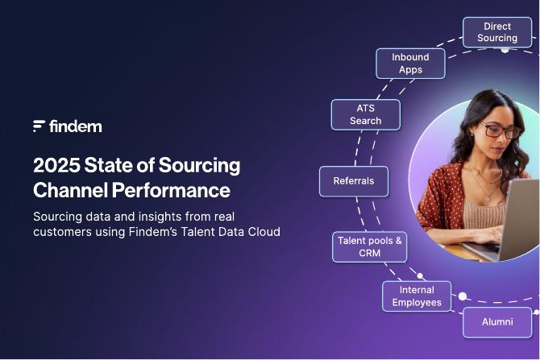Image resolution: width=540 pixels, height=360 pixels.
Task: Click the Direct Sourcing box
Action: (496, 32)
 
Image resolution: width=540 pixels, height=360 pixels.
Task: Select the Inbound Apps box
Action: (410, 63)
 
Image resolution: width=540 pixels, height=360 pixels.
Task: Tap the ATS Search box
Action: (365, 114)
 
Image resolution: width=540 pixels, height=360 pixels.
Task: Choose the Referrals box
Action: (353, 181)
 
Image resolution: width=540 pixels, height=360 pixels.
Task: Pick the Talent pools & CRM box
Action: (369, 246)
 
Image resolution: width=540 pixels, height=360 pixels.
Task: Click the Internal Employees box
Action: (417, 296)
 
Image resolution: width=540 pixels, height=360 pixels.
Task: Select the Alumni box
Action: (497, 322)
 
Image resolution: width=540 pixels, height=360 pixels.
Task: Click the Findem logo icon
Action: (39, 126)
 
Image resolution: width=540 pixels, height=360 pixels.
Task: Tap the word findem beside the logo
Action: (76, 126)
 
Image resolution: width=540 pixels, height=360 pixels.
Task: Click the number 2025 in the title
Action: (56, 166)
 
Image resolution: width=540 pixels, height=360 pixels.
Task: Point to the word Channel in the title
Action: (71, 191)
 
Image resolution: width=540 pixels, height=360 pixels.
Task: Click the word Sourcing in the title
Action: (199, 166)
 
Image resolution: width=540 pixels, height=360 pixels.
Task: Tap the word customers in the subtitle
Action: (63, 232)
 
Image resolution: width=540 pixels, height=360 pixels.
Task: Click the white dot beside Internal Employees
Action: (463, 296)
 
